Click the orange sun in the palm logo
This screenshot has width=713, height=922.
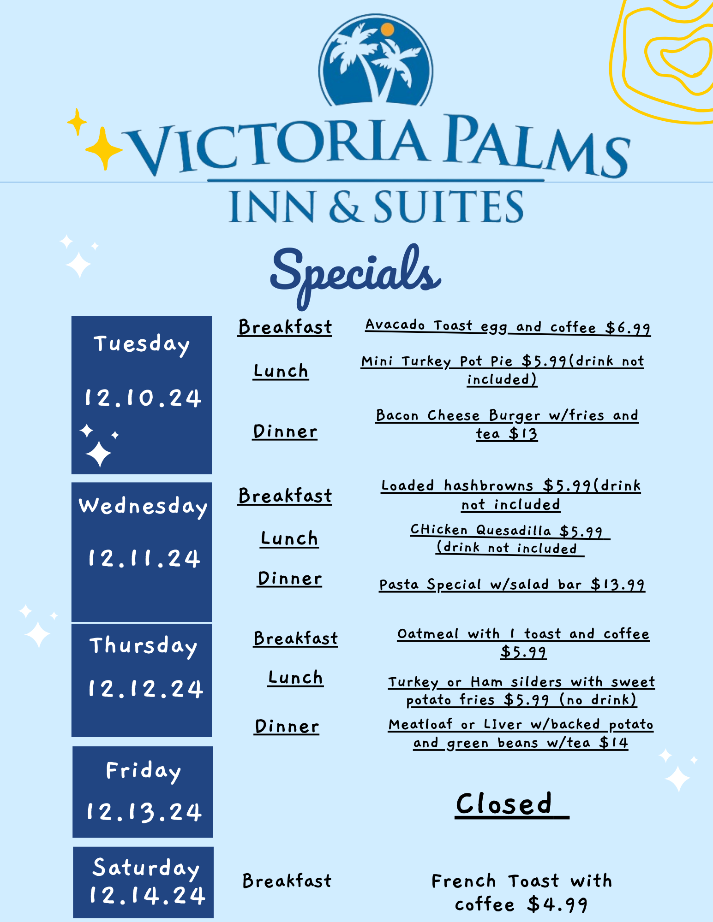click(x=388, y=30)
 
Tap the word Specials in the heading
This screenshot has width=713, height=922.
click(x=355, y=275)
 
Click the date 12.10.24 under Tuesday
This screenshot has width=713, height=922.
click(x=143, y=398)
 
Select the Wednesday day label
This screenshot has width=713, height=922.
click(x=143, y=507)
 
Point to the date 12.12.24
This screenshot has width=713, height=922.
click(x=145, y=689)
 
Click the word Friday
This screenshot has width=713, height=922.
click(x=143, y=771)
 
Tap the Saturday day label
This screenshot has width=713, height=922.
click(x=146, y=868)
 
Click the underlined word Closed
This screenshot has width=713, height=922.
click(x=504, y=804)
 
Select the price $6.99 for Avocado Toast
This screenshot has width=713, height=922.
click(x=628, y=328)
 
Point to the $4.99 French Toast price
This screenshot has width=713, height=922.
click(x=557, y=904)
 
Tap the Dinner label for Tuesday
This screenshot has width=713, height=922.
click(x=285, y=431)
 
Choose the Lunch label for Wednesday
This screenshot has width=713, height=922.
click(x=289, y=538)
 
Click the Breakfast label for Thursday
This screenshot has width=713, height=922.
click(x=296, y=638)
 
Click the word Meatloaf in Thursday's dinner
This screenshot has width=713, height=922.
click(x=420, y=724)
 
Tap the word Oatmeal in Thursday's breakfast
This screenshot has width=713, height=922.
click(x=428, y=634)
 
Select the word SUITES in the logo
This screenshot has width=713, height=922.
click(x=449, y=207)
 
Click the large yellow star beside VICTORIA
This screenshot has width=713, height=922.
click(x=104, y=148)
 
